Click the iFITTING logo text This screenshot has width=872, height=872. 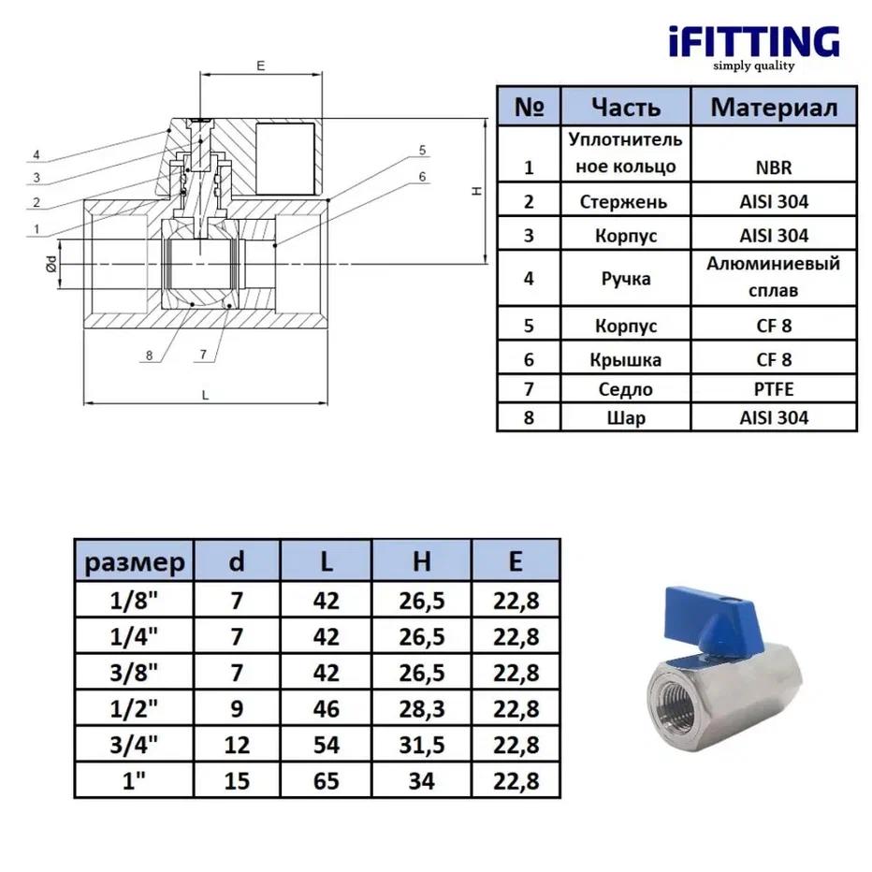point(753,41)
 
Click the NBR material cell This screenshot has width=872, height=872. point(772,168)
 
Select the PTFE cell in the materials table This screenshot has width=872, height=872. point(772,389)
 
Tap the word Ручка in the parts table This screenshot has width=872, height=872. point(626,278)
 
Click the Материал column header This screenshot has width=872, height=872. point(773,106)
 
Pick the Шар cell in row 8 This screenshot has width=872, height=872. point(626,417)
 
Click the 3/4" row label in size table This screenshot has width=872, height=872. point(134,746)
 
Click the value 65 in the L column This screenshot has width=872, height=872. point(325,780)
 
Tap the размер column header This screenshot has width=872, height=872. point(134,562)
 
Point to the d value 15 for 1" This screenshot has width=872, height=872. point(237,780)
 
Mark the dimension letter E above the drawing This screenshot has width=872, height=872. point(261,66)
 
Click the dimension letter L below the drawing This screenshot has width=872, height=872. point(205,393)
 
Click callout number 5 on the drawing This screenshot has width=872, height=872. point(422,150)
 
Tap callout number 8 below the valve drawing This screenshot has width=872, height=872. point(149,356)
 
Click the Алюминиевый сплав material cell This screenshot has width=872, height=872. point(772,277)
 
